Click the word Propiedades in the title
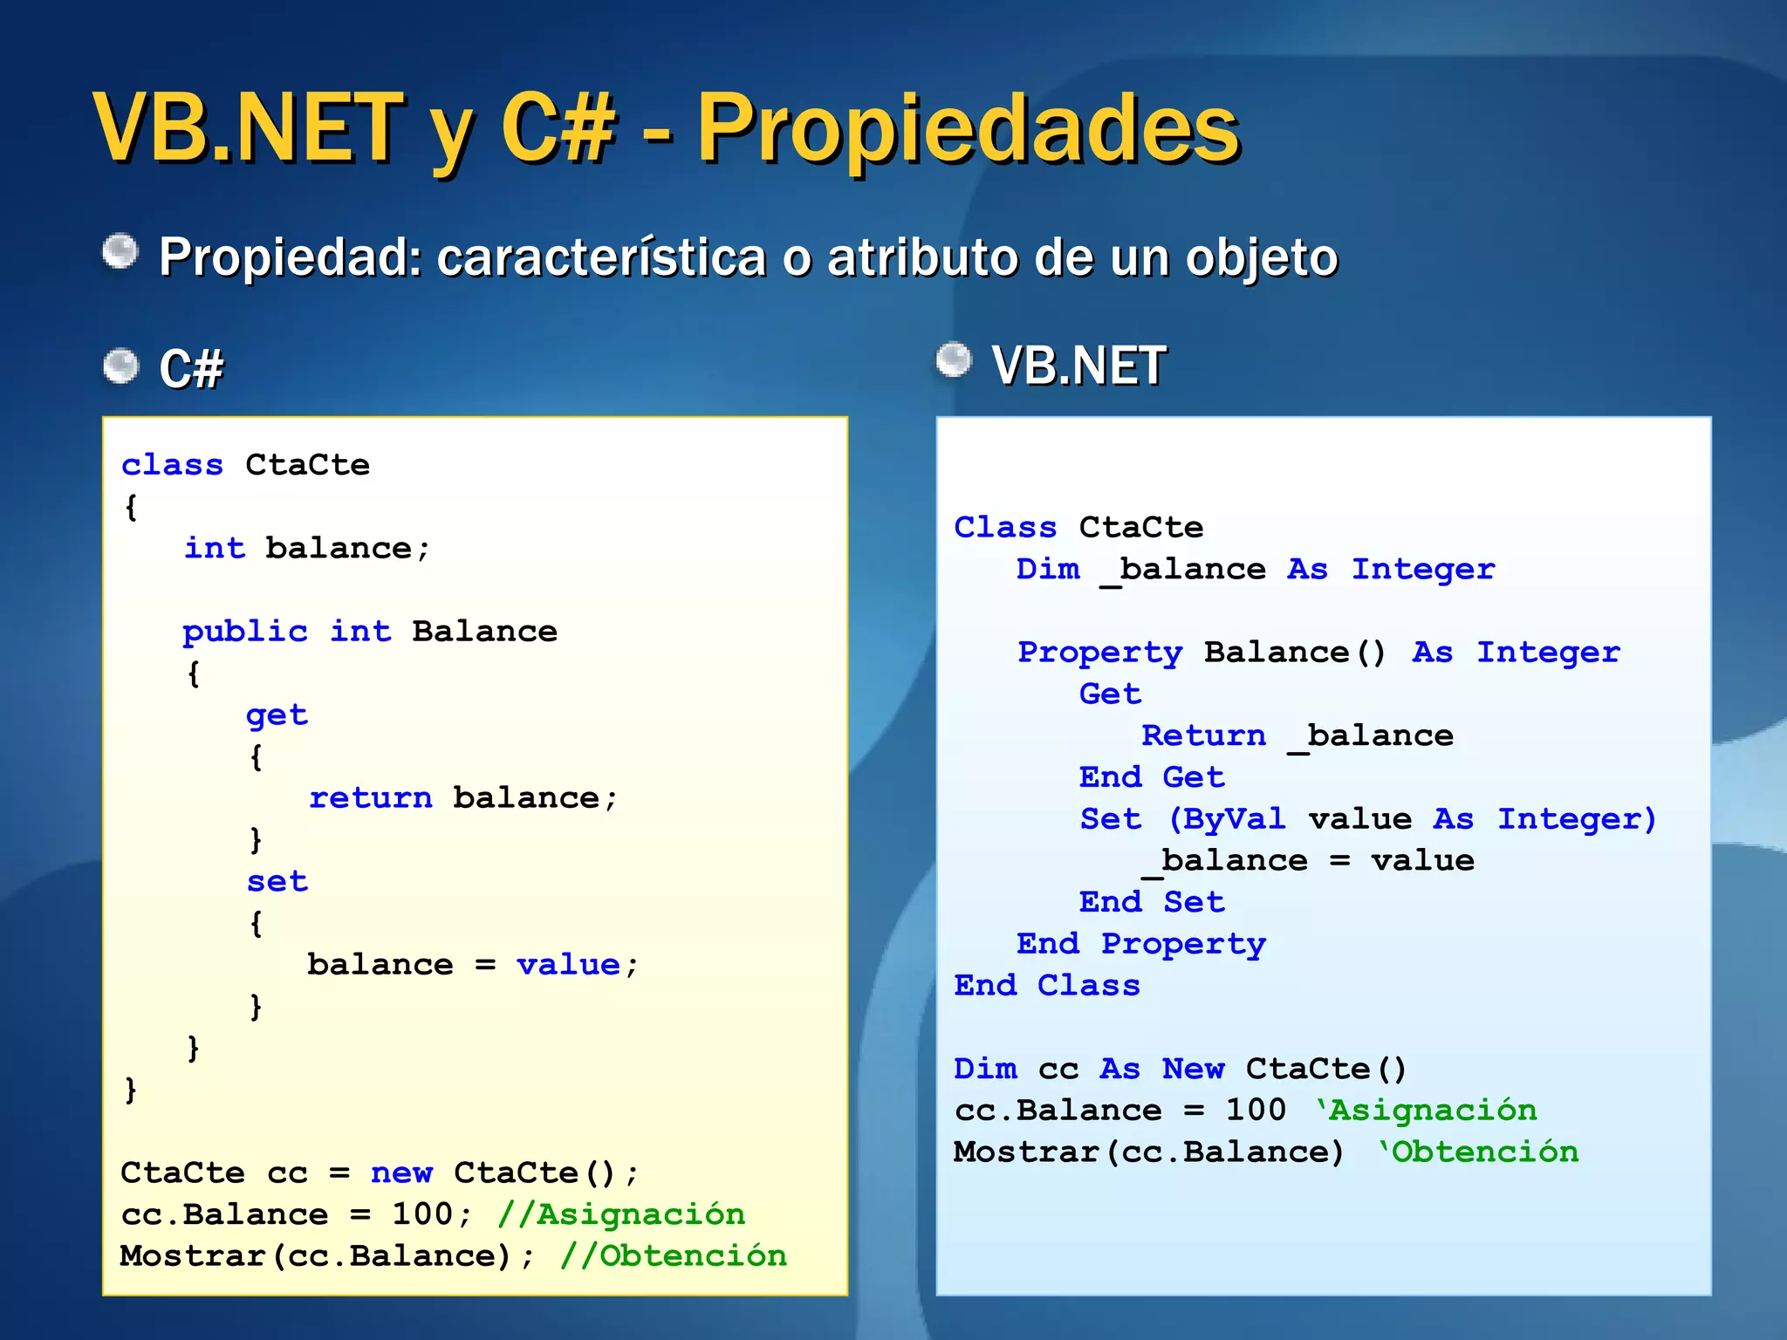click(969, 131)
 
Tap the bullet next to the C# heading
click(120, 366)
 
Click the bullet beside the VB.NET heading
click(954, 360)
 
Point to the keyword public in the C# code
click(245, 631)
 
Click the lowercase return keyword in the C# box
click(371, 797)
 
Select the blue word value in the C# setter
click(568, 964)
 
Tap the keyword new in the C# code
click(401, 1172)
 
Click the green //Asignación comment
click(621, 1214)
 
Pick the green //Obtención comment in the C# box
click(673, 1256)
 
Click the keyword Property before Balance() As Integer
click(1100, 653)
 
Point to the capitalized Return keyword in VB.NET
click(1203, 735)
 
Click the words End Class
click(1047, 986)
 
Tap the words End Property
click(1141, 944)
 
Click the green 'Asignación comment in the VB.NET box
click(1427, 1111)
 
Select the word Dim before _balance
click(1048, 569)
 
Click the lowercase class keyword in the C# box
click(172, 465)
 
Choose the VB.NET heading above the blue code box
click(1078, 366)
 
